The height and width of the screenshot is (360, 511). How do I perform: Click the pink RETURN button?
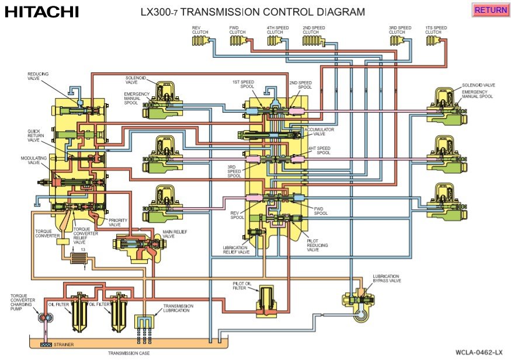[491, 10]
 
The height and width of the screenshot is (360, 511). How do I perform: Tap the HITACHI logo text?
[41, 11]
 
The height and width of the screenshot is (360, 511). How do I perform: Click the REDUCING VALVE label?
[38, 76]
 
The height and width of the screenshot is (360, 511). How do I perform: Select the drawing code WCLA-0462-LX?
[479, 352]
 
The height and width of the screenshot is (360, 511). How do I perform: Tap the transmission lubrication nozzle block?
[144, 323]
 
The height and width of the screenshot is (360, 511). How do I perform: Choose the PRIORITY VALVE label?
[117, 222]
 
